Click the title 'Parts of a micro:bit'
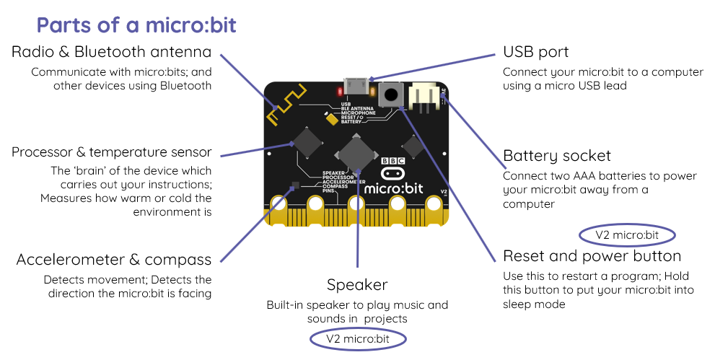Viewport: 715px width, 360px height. (x=136, y=25)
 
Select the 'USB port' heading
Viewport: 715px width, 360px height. (x=535, y=52)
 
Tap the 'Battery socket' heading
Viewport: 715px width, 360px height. (x=556, y=156)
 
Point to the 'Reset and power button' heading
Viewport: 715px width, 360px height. (x=592, y=256)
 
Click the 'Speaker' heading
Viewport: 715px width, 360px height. (x=357, y=284)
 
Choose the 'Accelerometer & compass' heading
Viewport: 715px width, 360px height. (x=114, y=260)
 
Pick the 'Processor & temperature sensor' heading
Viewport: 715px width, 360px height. (x=112, y=152)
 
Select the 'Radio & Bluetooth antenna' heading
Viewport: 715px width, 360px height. (x=112, y=52)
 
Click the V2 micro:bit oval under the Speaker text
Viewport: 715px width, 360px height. (x=358, y=339)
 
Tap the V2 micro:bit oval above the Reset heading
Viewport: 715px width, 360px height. (x=627, y=235)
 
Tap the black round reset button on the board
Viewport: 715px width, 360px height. (x=392, y=94)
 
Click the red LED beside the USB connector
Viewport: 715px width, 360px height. (x=338, y=92)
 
